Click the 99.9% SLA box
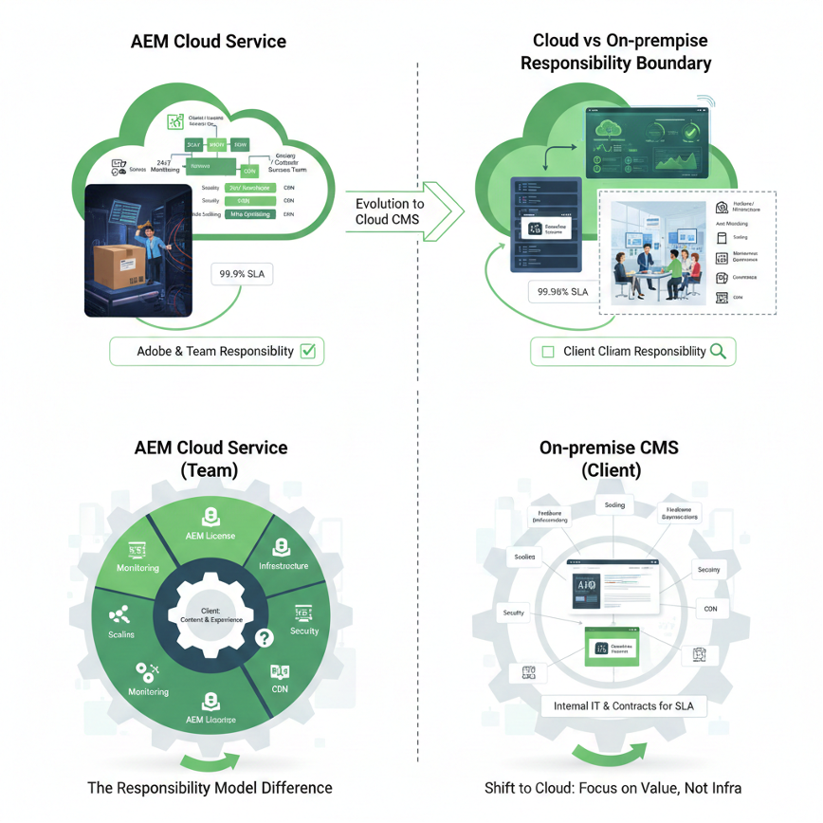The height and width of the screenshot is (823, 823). [x=243, y=274]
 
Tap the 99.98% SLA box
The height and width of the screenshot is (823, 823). [x=562, y=292]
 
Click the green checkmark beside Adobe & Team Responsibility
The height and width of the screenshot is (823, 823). [x=307, y=351]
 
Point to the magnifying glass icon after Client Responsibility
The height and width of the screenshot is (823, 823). [x=718, y=351]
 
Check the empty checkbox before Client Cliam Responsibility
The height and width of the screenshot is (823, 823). [x=547, y=352]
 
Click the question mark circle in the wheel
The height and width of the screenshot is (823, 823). [x=265, y=638]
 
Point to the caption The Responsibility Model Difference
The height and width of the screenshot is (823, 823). [x=210, y=787]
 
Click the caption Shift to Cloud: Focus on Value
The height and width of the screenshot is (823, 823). [x=613, y=787]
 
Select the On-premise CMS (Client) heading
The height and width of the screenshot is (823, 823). [x=609, y=458]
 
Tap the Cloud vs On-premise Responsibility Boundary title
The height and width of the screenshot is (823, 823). [x=620, y=52]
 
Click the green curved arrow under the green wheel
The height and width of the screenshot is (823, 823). [x=210, y=760]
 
